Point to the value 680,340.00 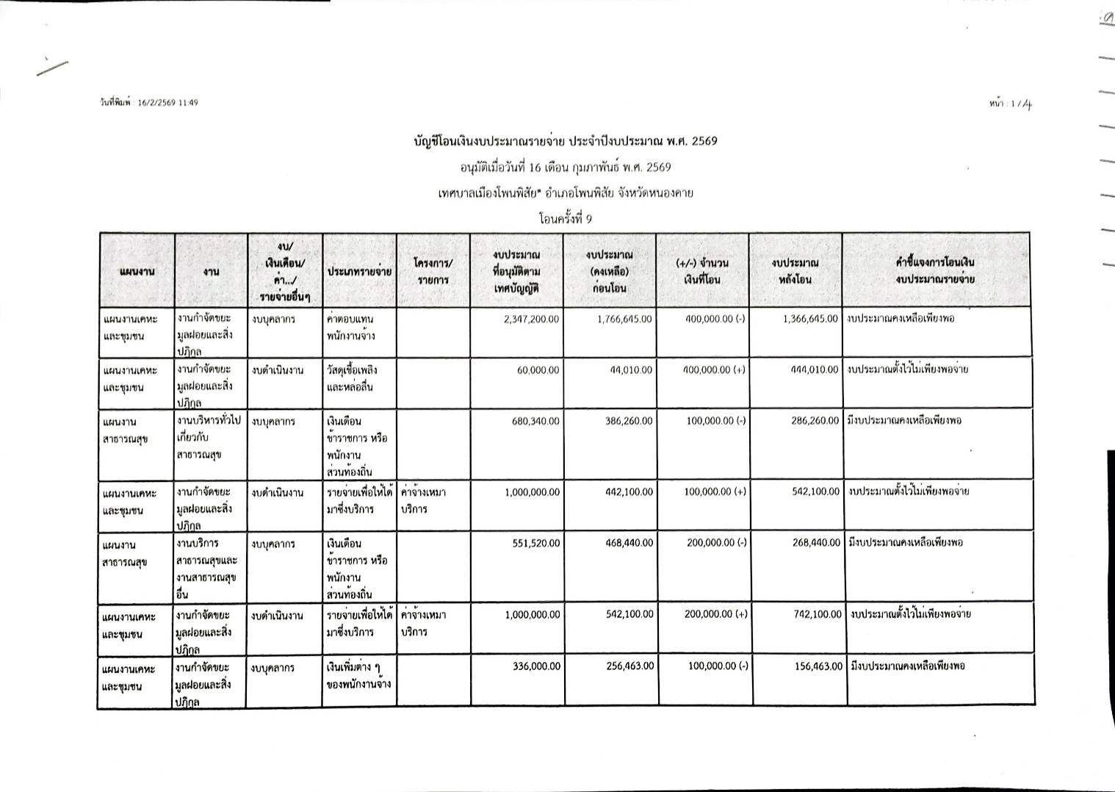(532, 421)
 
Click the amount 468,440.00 (624, 544)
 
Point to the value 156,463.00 (812, 666)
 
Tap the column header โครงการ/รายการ (433, 271)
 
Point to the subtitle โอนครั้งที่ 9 (565, 218)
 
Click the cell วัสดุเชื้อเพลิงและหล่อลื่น (352, 378)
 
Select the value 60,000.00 (538, 370)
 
